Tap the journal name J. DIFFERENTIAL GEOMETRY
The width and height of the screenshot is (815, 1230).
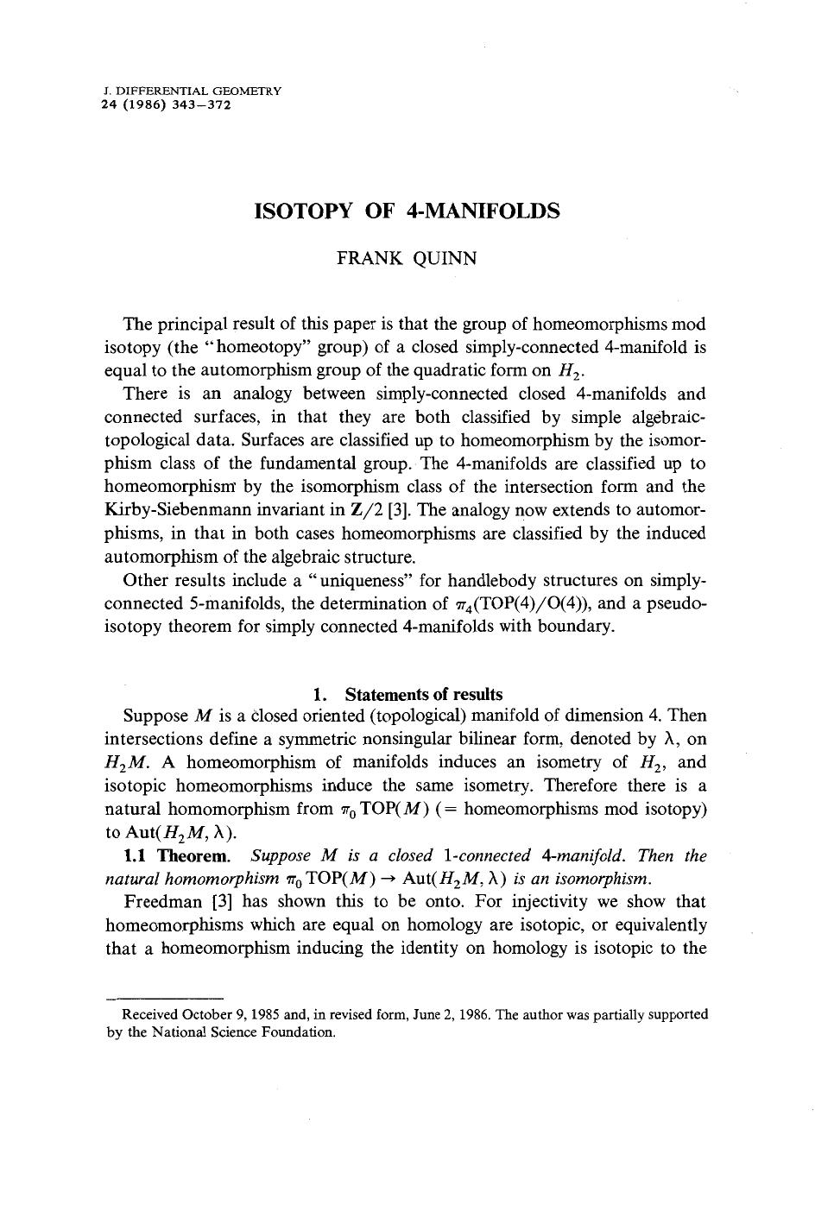[192, 90]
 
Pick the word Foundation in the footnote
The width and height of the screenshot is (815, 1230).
[300, 1032]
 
